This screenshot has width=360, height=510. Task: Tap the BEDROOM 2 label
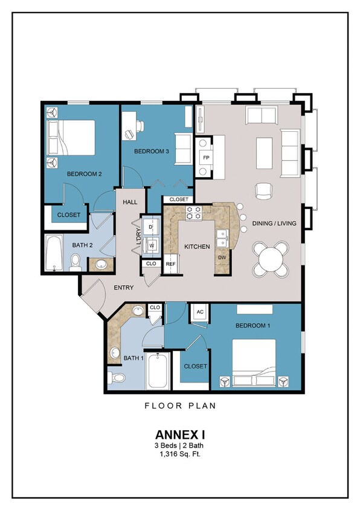pos(84,174)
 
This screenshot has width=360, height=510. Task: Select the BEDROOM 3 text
pos(151,151)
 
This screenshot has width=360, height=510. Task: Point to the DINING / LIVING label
pos(275,224)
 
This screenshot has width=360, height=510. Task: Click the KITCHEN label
pos(197,247)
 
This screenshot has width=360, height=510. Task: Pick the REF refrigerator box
pos(171,264)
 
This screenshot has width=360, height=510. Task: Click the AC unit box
pos(200,312)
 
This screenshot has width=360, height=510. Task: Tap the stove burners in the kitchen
pos(194,213)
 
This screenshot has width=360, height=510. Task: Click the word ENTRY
pos(124,288)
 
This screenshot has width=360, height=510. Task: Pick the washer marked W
pos(152,246)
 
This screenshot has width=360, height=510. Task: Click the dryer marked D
pos(152,226)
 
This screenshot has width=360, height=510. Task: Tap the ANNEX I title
pos(179,434)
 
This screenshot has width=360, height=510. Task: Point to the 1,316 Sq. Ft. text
pos(179,454)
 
